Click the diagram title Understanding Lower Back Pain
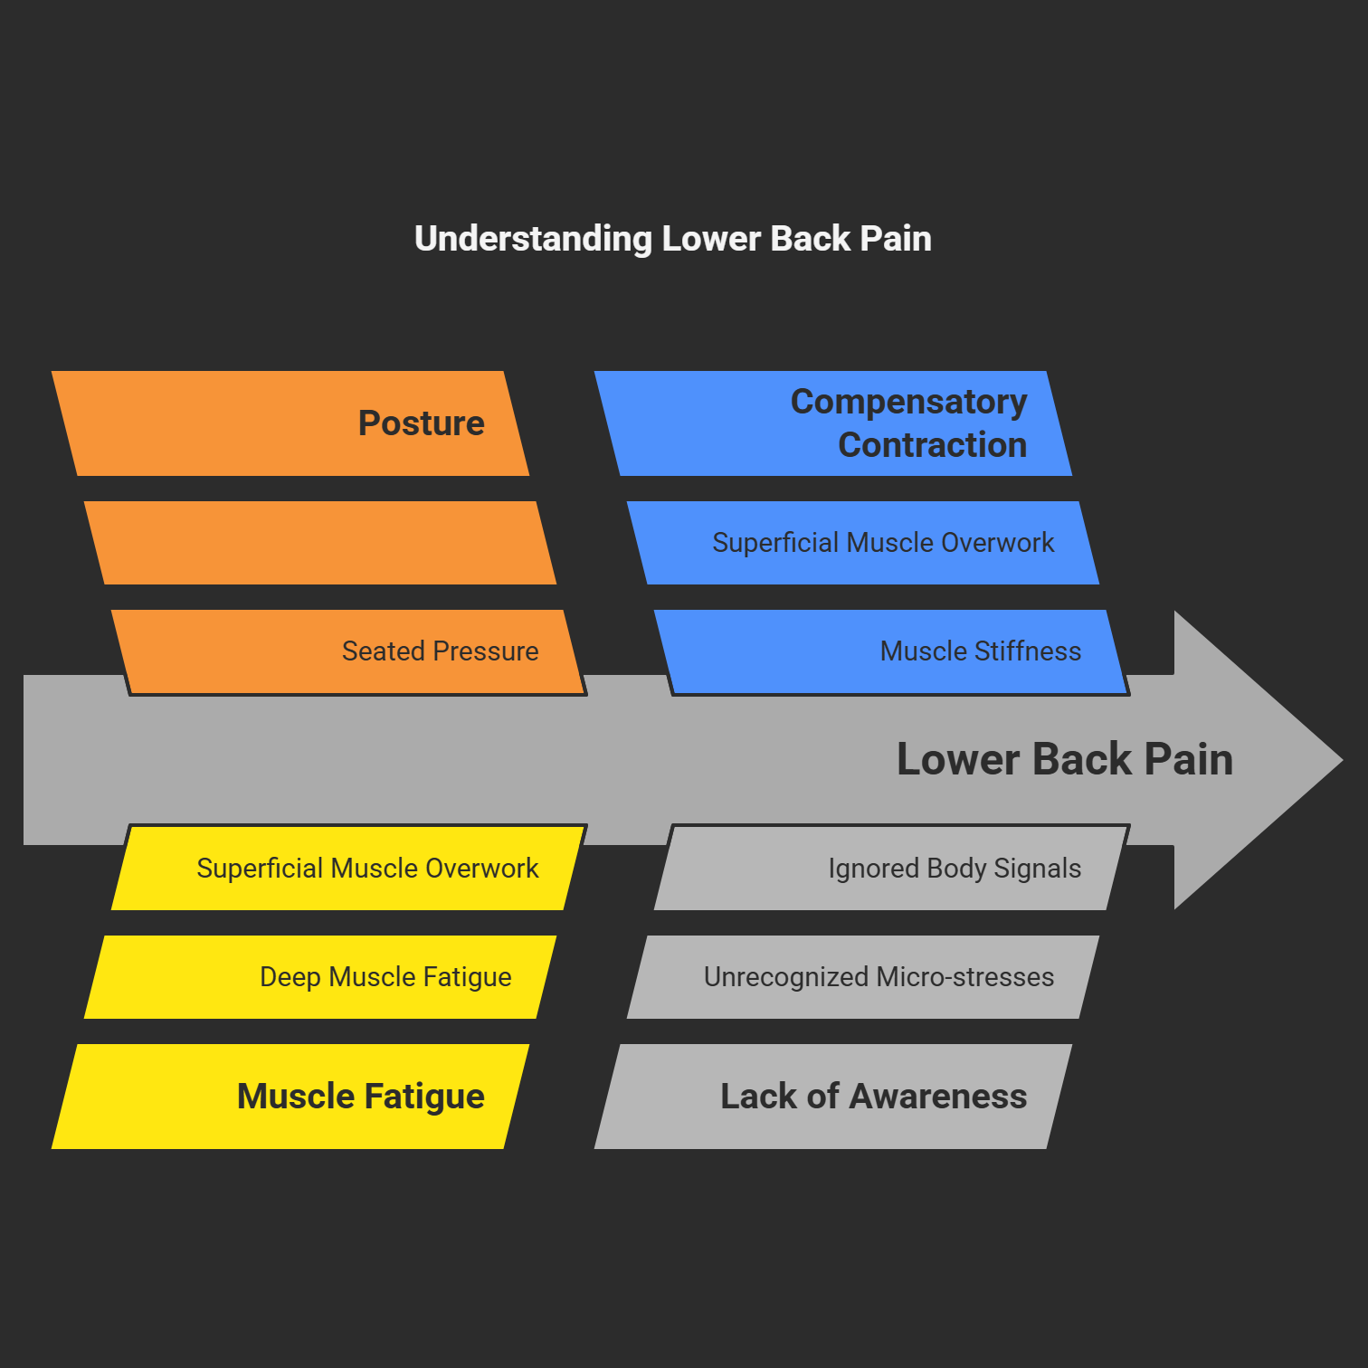[672, 239]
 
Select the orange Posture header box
[290, 423]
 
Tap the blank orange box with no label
[320, 543]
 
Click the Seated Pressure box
[349, 651]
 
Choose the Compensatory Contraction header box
[833, 423]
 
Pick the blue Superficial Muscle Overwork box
[863, 543]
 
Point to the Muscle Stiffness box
[892, 651]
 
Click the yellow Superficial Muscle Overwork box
[349, 869]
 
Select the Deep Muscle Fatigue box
[320, 977]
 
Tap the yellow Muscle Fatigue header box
[290, 1097]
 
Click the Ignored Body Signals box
[892, 869]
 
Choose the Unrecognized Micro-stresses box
[863, 977]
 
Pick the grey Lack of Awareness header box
[833, 1097]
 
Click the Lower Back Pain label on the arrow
[1064, 759]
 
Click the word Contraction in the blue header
[932, 445]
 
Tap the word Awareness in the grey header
[937, 1097]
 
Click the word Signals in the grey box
[1037, 869]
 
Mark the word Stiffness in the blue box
[1028, 651]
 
